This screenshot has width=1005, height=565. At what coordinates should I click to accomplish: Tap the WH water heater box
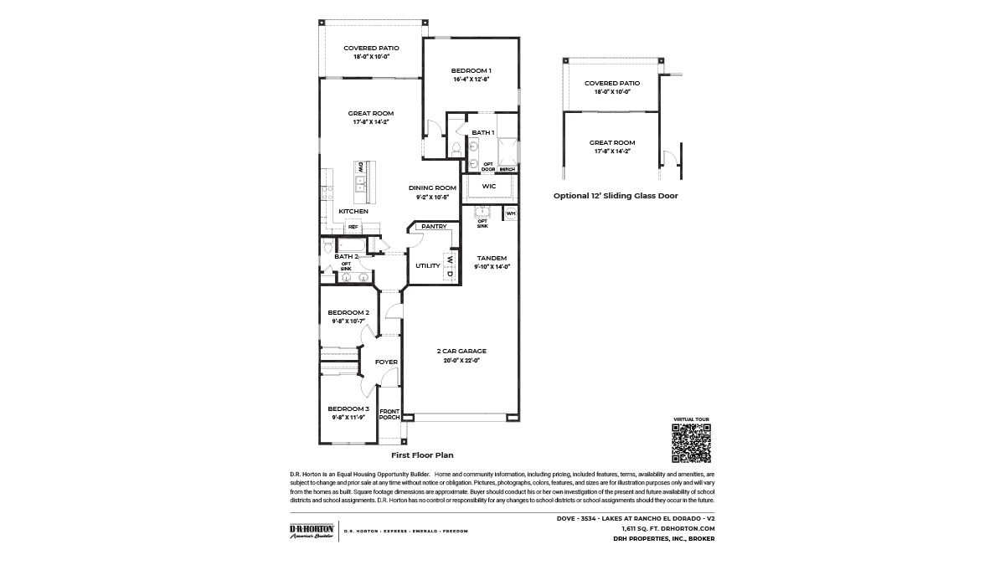point(510,214)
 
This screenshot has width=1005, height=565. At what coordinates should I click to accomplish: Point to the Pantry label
point(433,226)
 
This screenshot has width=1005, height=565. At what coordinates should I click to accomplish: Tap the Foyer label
point(386,362)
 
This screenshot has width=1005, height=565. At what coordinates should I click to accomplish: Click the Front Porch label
point(389,414)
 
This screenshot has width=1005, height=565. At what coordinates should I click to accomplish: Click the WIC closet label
point(489,186)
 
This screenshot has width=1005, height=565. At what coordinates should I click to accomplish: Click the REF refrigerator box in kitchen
point(353,227)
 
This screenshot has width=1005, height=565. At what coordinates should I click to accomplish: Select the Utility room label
point(427,265)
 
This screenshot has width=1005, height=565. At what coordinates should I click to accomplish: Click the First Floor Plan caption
point(422,455)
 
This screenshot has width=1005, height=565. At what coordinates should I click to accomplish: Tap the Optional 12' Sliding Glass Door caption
point(616,195)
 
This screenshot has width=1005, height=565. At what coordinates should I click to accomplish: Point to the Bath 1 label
point(482,133)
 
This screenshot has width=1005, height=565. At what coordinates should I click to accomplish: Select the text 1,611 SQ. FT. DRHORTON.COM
point(667,528)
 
